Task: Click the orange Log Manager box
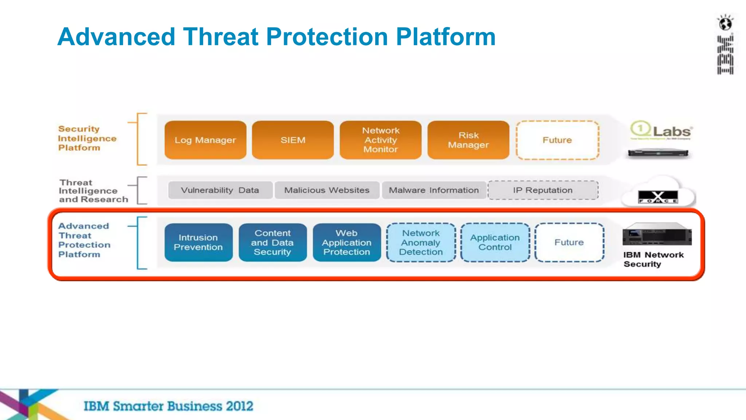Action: pyautogui.click(x=205, y=140)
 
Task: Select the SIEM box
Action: pyautogui.click(x=293, y=140)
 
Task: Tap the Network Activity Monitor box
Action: pyautogui.click(x=381, y=140)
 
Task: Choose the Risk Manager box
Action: pyautogui.click(x=468, y=140)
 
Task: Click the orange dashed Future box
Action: pyautogui.click(x=557, y=140)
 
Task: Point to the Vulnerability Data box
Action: pyautogui.click(x=220, y=190)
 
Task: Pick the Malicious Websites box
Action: pyautogui.click(x=327, y=190)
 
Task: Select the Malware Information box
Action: pyautogui.click(x=433, y=190)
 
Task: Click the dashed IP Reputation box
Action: pyautogui.click(x=543, y=190)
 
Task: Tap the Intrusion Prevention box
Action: pyautogui.click(x=198, y=242)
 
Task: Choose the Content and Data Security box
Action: pyautogui.click(x=272, y=242)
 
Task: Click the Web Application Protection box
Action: pyautogui.click(x=347, y=242)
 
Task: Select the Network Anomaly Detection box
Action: pyautogui.click(x=421, y=242)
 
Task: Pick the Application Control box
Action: pyautogui.click(x=495, y=242)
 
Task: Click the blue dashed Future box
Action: pyautogui.click(x=569, y=242)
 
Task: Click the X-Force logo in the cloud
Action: pyautogui.click(x=658, y=197)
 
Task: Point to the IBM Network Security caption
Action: pyautogui.click(x=653, y=259)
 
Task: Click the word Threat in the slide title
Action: pyautogui.click(x=221, y=37)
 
